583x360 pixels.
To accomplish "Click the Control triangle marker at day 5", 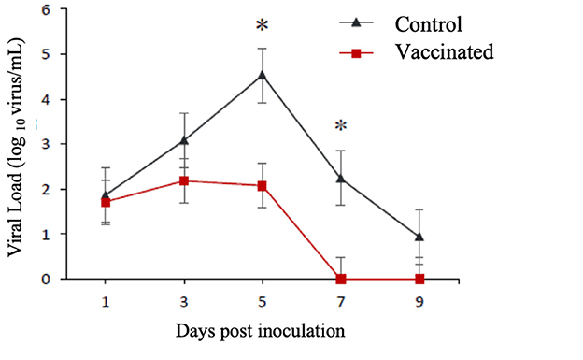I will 263,75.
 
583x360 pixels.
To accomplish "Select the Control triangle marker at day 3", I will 184,140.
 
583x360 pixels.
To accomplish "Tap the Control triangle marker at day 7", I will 341,178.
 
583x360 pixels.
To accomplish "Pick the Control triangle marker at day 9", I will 419,237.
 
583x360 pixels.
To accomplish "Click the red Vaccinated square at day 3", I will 184,180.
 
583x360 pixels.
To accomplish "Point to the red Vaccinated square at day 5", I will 263,186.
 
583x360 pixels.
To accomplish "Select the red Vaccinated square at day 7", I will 341,279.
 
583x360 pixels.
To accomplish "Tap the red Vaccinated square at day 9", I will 419,279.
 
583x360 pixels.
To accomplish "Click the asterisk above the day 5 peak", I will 263,22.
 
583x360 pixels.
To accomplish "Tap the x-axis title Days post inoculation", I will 263,331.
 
